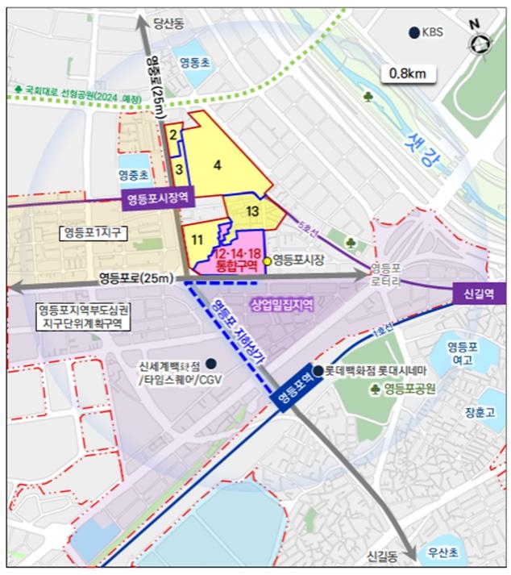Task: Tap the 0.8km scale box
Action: point(408,73)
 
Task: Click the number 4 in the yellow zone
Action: point(217,165)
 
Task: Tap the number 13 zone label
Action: point(251,211)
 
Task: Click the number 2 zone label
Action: point(173,135)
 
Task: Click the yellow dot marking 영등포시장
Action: point(267,260)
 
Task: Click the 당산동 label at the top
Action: point(170,24)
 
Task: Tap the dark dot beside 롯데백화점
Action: point(318,371)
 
